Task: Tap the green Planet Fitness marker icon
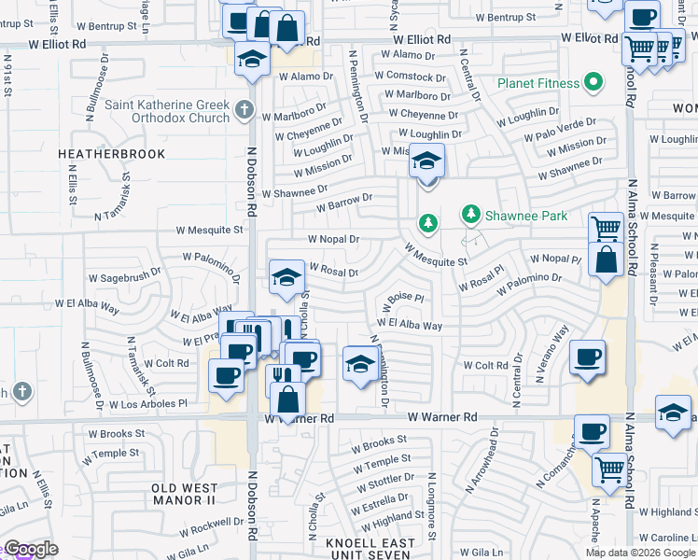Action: (592, 82)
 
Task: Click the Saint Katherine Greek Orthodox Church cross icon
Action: (244, 110)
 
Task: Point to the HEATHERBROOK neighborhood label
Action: (112, 154)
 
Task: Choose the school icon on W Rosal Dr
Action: (286, 276)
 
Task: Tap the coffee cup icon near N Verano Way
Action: (587, 357)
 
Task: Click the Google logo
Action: (30, 549)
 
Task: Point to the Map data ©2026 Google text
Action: (640, 553)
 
